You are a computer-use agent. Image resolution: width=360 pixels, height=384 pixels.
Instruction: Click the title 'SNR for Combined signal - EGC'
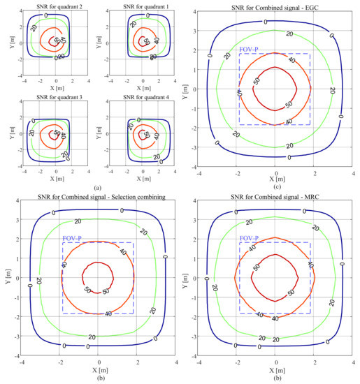tap(275, 6)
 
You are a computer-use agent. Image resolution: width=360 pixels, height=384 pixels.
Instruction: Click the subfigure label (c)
tap(276, 185)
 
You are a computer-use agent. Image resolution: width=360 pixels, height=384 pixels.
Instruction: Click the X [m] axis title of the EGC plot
tap(276, 179)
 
